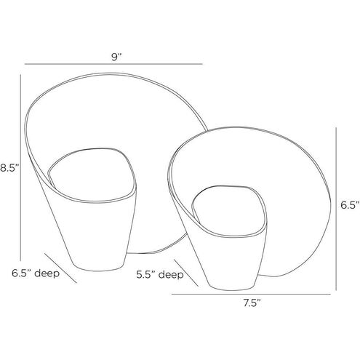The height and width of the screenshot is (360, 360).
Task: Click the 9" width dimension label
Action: (116, 57)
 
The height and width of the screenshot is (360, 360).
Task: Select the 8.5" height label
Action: (9, 168)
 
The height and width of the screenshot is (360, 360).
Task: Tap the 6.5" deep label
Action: (36, 273)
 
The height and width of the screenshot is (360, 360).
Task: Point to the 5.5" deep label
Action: (160, 275)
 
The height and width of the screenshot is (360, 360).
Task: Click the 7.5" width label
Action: (252, 303)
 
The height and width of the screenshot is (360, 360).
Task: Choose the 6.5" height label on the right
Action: (350, 205)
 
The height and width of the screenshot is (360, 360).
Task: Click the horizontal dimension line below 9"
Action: (113, 64)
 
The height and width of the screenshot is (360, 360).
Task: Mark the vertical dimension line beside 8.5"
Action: (20, 167)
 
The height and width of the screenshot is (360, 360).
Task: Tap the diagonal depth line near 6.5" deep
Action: (60, 268)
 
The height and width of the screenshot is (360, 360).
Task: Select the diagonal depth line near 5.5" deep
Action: (186, 273)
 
